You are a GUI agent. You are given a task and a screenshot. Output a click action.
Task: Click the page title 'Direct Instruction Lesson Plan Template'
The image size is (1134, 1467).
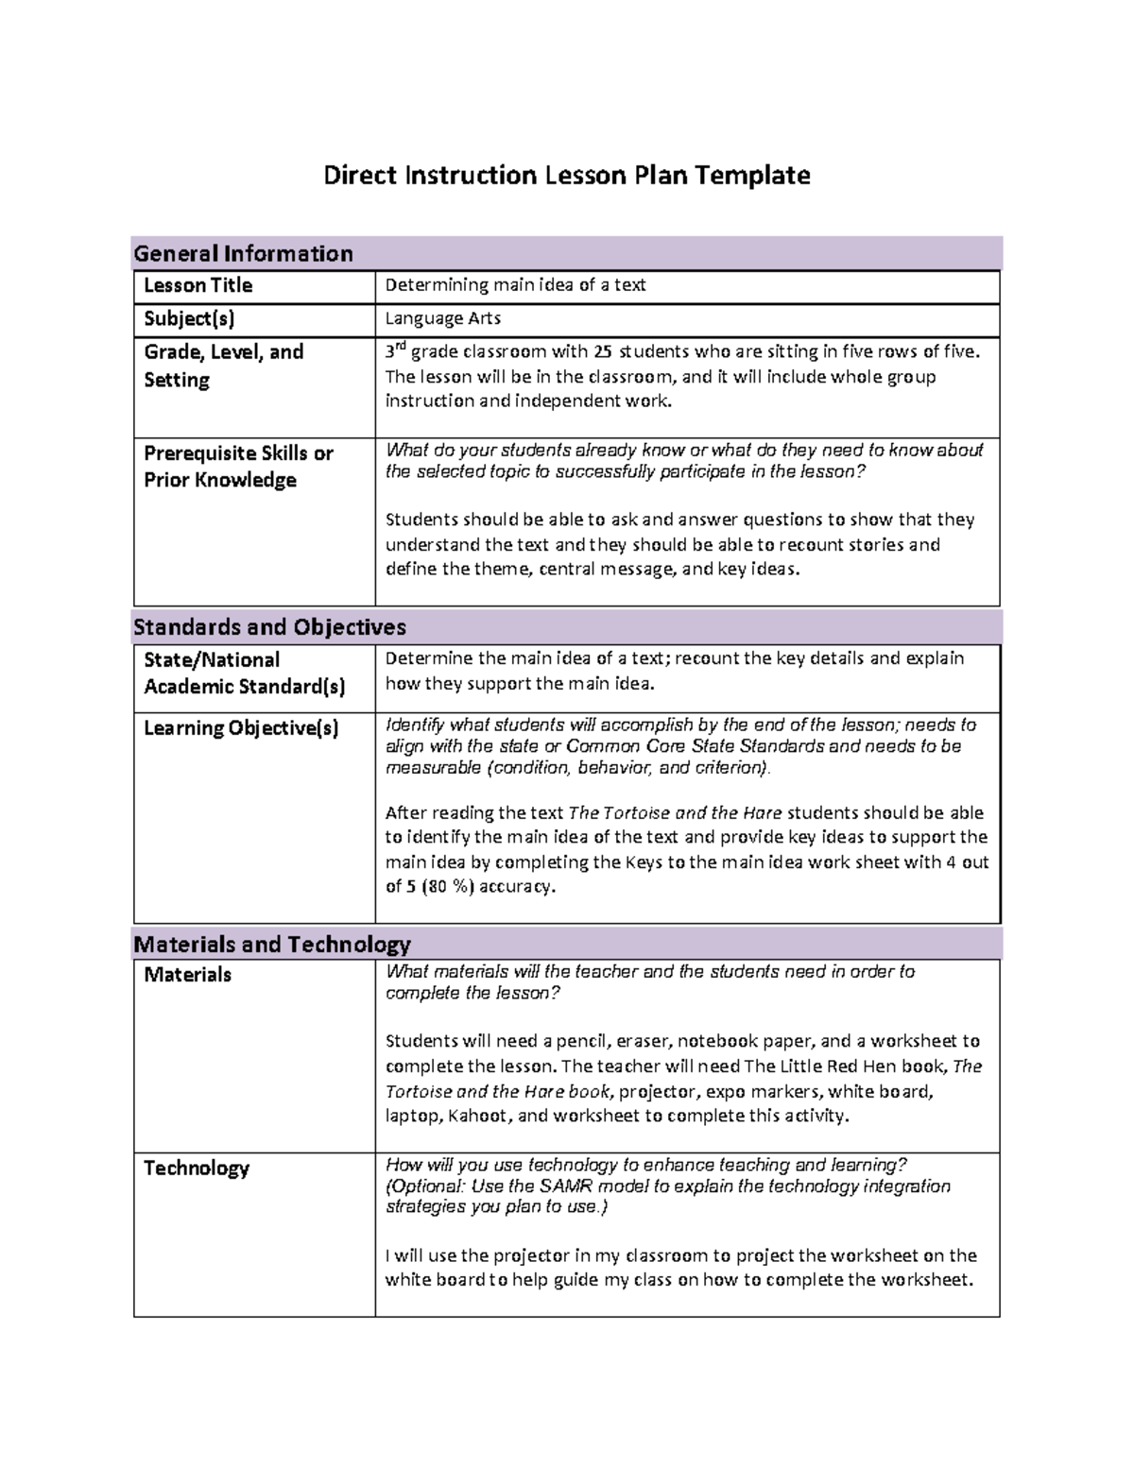[x=566, y=176]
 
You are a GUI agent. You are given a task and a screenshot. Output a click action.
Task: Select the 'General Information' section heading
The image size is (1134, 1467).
[x=243, y=253]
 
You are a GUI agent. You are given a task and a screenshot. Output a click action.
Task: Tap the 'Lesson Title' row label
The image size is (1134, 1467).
[x=198, y=285]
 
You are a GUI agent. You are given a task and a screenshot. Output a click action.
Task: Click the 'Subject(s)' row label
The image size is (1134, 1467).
[x=189, y=318]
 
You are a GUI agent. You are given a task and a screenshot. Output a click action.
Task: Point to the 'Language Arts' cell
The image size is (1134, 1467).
[x=442, y=318]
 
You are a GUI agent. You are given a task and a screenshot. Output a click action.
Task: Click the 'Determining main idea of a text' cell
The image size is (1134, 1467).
[x=515, y=285]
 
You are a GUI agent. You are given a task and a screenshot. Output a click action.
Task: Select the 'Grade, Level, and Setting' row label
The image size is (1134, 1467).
[x=223, y=366]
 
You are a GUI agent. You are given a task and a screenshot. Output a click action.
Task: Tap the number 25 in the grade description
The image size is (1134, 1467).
[x=603, y=352]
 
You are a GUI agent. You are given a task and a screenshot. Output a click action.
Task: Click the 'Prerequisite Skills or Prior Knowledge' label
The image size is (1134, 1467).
[x=238, y=467]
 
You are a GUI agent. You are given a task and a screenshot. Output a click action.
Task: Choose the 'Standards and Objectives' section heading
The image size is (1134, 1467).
[x=269, y=627]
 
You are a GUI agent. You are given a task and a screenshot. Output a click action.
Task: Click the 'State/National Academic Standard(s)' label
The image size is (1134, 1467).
[x=244, y=674]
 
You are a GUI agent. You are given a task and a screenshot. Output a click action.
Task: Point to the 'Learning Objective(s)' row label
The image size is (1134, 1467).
[x=240, y=728]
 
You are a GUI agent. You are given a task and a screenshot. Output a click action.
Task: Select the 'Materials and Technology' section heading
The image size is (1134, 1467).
[x=272, y=945]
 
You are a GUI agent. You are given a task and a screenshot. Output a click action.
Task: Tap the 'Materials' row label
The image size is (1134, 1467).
[x=187, y=975]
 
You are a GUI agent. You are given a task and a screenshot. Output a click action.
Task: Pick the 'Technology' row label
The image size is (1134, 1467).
[x=196, y=1168]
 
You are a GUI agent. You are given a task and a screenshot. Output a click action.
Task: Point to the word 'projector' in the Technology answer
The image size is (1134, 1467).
[x=528, y=1256]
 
